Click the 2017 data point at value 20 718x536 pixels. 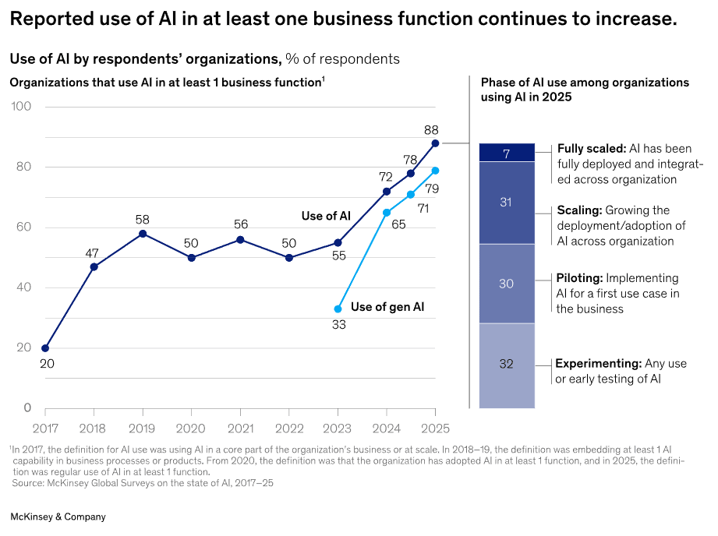(45, 348)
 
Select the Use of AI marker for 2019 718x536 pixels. (143, 234)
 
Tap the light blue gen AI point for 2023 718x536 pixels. (338, 309)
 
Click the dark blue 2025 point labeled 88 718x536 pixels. (435, 143)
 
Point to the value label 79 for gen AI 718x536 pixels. (432, 189)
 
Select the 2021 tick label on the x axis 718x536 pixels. (240, 428)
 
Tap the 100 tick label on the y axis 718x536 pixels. (21, 107)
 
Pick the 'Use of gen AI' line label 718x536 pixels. (387, 307)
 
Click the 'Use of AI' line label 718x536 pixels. (326, 216)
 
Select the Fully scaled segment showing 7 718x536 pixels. (507, 153)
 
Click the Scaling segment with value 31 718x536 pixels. (507, 203)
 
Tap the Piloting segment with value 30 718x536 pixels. (507, 284)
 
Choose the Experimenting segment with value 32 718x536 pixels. (507, 364)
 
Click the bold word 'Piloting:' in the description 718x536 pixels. (579, 278)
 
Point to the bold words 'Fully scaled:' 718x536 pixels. (591, 149)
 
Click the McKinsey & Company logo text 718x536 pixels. (58, 517)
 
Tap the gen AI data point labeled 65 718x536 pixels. (387, 213)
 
